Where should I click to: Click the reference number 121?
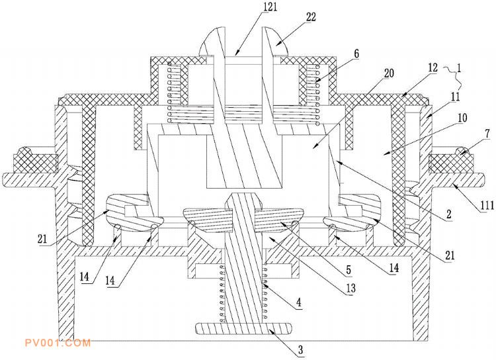[270, 7]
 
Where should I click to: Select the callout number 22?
[311, 17]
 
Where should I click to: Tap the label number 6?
[356, 54]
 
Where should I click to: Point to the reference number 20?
[389, 73]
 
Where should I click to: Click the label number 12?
[433, 67]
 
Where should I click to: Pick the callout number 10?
[462, 118]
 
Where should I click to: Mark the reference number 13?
[351, 288]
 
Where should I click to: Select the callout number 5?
[349, 270]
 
